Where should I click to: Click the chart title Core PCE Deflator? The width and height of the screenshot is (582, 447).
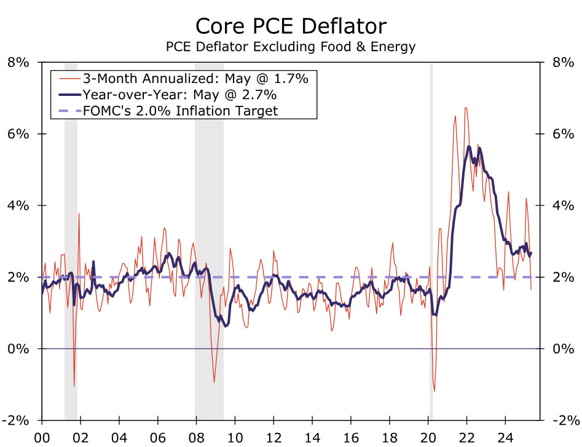pos(291,26)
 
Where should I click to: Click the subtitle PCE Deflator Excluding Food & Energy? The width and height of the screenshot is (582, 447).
pos(291,46)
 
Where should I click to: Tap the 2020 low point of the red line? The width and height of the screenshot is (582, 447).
pos(435,391)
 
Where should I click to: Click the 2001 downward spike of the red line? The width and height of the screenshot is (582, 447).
pos(74,386)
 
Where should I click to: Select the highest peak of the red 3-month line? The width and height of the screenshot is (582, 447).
pos(465,108)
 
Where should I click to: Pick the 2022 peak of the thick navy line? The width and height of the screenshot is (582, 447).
pos(469,146)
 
